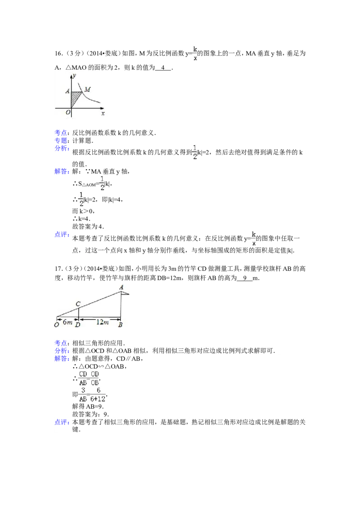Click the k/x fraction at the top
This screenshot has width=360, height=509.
pos(194,52)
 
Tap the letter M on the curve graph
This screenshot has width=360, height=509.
pos(87,90)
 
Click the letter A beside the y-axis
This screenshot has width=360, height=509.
pos(67,91)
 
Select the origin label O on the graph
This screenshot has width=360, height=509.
pos(67,112)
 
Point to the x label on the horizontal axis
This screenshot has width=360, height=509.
pos(103,114)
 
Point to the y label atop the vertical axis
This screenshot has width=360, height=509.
pos(74,76)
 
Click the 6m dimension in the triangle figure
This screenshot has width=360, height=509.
pos(66,321)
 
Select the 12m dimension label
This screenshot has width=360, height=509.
pos(103,321)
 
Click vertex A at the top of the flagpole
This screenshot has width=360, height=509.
pos(121,287)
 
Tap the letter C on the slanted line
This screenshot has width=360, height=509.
pos(78,304)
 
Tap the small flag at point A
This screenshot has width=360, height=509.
pos(125,294)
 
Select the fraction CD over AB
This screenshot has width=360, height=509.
pos(82,378)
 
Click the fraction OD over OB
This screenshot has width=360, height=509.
pos(94,378)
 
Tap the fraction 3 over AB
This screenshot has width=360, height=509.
pos(83,394)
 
